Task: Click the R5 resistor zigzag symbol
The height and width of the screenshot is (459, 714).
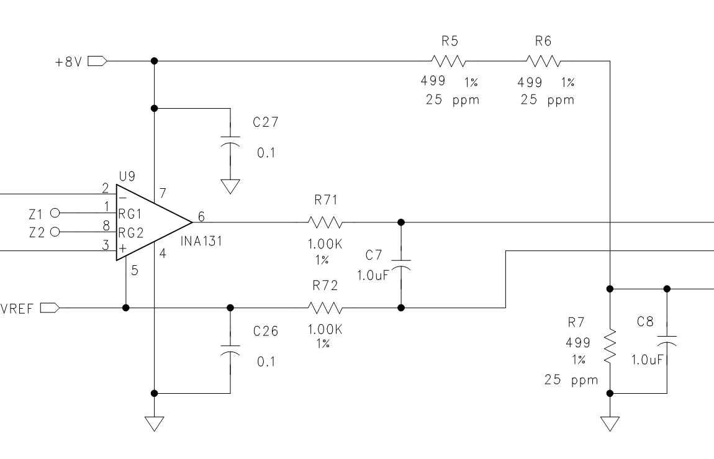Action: point(448,61)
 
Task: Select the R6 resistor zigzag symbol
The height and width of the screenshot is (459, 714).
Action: point(543,61)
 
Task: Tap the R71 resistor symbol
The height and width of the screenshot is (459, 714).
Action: point(325,222)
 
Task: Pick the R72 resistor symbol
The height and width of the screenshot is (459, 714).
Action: point(325,308)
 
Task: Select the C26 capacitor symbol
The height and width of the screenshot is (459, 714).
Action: point(230,349)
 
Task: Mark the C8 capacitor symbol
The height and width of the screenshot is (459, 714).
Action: point(667,340)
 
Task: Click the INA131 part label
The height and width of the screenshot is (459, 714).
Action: point(201,241)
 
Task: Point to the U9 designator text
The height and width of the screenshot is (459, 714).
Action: point(127,176)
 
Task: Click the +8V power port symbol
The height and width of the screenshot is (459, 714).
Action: point(97,61)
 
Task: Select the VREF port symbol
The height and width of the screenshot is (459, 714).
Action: point(50,308)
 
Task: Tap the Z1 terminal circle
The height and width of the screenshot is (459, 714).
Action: point(55,212)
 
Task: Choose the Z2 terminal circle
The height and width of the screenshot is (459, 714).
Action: point(55,232)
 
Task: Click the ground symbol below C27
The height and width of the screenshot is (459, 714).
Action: point(230,187)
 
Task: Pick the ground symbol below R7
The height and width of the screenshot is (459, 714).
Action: point(610,424)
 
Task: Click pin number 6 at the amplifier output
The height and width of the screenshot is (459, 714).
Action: point(201,216)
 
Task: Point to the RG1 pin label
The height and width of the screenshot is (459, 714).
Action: point(130,214)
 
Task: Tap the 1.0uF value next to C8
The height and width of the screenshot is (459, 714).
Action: point(646,360)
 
